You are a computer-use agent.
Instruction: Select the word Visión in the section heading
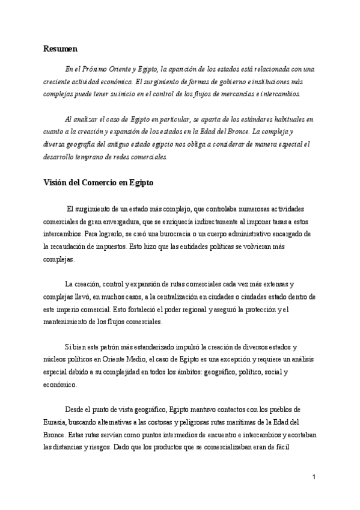click(57, 183)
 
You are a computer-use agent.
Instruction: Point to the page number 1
click(314, 477)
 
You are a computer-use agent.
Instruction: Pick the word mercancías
click(234, 94)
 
